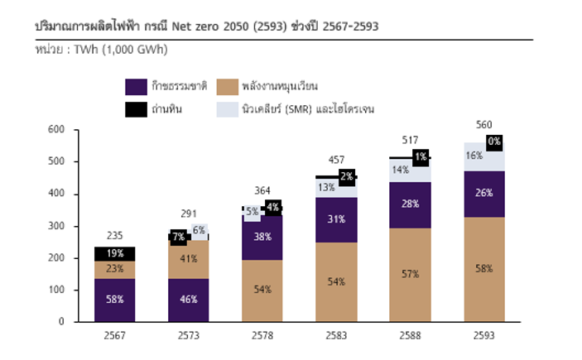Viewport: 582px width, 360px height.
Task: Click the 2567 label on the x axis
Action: tap(114, 336)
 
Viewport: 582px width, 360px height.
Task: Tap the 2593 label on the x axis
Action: tap(484, 336)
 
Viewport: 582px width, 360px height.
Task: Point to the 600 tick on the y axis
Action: tap(55, 129)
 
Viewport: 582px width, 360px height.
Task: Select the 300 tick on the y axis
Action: tap(55, 226)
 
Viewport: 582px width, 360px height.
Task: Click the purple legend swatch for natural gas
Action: tap(137, 86)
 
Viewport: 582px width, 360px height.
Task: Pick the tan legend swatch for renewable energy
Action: tap(228, 86)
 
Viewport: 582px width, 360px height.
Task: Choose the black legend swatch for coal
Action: tap(137, 108)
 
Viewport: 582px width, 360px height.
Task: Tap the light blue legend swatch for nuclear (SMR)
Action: tap(228, 108)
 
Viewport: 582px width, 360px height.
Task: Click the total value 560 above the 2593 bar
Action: tap(484, 125)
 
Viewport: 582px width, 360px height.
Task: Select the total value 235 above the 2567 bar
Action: tap(114, 236)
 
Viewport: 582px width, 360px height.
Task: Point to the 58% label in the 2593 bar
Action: tap(484, 269)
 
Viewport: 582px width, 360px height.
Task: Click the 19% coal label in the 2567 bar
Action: tap(115, 254)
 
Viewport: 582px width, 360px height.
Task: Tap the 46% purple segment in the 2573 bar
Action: tap(189, 300)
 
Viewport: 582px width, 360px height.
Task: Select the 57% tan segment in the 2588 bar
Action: tap(411, 273)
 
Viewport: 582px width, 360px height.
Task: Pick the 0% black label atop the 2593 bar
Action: tap(494, 142)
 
